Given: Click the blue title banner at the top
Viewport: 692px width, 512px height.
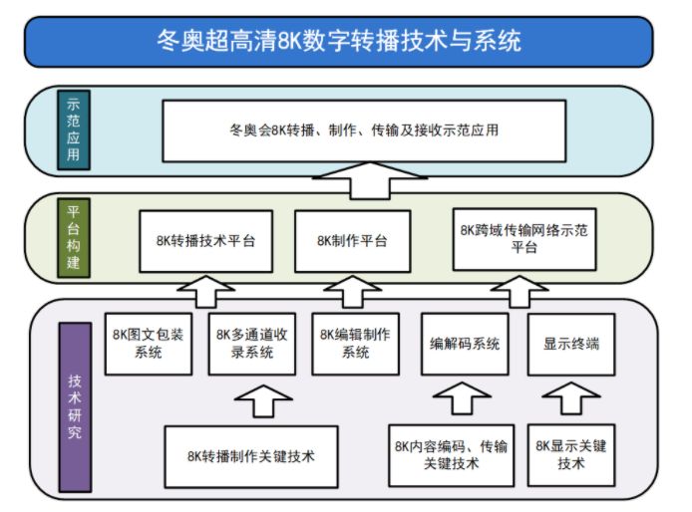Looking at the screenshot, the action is pos(338,42).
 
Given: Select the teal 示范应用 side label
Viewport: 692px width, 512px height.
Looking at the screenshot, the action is pos(74,130).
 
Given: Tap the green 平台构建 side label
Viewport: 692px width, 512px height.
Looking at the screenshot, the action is pos(74,238).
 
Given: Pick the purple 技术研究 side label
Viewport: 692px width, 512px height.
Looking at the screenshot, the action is pos(75,407).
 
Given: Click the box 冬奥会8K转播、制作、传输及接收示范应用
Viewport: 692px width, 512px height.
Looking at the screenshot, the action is pos(364,130).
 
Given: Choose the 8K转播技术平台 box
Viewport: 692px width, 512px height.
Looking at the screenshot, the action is pos(205,241).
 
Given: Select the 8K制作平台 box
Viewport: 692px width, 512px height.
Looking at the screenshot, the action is pos(353,241).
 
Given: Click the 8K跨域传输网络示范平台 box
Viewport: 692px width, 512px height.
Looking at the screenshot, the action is pos(524,239).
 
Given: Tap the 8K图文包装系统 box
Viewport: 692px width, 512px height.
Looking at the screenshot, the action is pos(149,344).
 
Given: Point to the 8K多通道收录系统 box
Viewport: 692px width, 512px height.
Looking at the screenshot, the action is pos(252,344).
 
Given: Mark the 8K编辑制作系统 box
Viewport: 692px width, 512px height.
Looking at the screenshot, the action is pos(355,344).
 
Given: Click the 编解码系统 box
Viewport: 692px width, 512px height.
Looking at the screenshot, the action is pos(465,344).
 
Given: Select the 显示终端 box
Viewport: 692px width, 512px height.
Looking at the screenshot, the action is pos(571,344).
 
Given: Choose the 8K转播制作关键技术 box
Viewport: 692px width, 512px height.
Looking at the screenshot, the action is pos(251,456).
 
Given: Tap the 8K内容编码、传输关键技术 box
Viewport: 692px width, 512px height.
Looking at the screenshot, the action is pos(451,455).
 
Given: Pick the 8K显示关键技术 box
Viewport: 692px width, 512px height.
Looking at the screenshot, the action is pos(571,455).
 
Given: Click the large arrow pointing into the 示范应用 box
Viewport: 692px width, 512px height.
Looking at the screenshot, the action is pos(370,181).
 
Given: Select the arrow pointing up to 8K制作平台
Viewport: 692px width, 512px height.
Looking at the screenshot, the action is pos(352,292).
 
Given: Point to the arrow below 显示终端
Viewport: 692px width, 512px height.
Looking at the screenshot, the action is pos(571,398).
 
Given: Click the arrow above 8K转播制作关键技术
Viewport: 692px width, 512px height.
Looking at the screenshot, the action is pos(263,400).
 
